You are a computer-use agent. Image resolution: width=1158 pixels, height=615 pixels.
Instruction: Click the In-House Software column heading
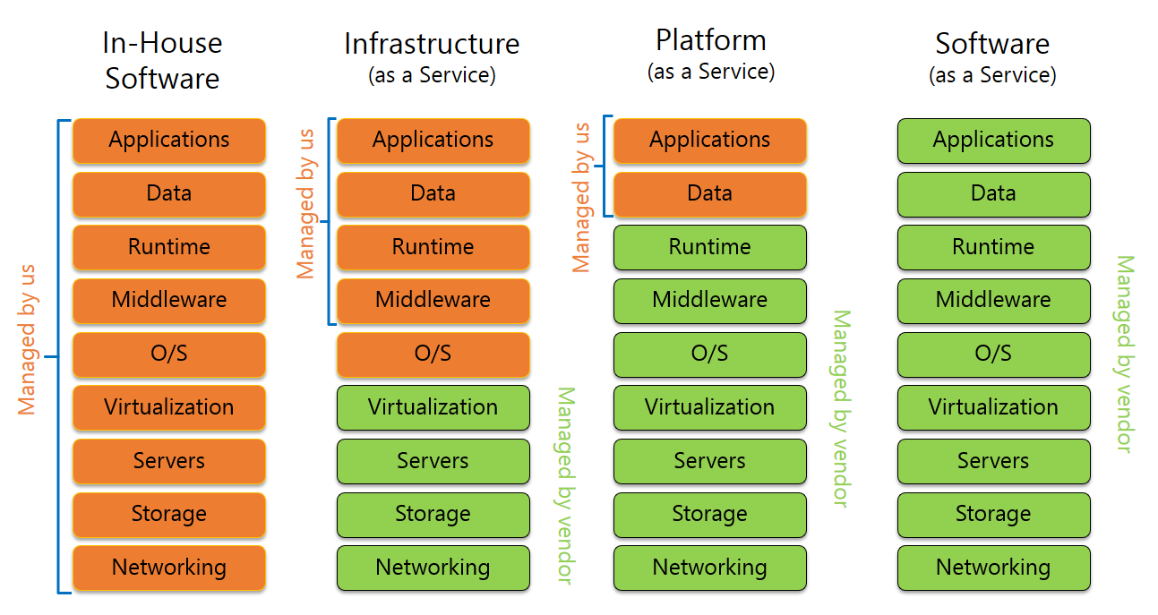coord(162,60)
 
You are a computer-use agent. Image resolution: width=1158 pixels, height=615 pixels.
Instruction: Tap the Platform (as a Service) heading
coord(710,54)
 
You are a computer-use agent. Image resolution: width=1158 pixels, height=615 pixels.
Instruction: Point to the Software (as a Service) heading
coord(992,57)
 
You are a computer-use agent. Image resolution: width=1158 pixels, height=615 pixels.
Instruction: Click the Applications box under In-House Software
coord(169,141)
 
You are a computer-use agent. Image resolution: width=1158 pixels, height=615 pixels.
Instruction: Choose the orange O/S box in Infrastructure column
coord(433,354)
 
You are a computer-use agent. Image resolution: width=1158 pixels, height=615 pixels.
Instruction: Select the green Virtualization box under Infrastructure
coord(433,408)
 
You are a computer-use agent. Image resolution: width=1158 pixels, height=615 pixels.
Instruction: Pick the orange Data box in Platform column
coord(709,194)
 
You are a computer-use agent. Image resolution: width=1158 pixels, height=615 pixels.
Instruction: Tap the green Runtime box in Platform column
coord(709,248)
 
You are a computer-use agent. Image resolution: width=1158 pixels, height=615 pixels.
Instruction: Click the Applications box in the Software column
coord(993,141)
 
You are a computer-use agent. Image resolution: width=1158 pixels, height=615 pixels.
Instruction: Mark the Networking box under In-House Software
coord(169,568)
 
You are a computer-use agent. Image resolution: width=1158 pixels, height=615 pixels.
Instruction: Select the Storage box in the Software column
coord(993,515)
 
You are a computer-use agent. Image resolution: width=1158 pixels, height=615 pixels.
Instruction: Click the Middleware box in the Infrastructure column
coord(433,301)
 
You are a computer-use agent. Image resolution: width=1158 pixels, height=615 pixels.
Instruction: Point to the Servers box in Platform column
coord(709,462)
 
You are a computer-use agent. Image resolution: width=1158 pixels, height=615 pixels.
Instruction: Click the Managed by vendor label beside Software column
coord(1124,354)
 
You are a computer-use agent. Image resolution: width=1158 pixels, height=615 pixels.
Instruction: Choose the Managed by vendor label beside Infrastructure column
coord(564,485)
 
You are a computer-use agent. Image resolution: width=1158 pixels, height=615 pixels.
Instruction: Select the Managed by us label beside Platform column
coord(582,197)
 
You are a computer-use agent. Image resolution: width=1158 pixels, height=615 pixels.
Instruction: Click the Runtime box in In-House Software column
coord(169,248)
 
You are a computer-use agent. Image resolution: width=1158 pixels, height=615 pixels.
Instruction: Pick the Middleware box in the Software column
coord(993,301)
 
